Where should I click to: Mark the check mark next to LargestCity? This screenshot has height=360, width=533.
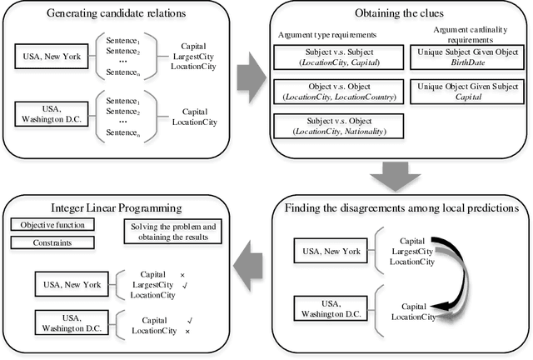193,284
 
